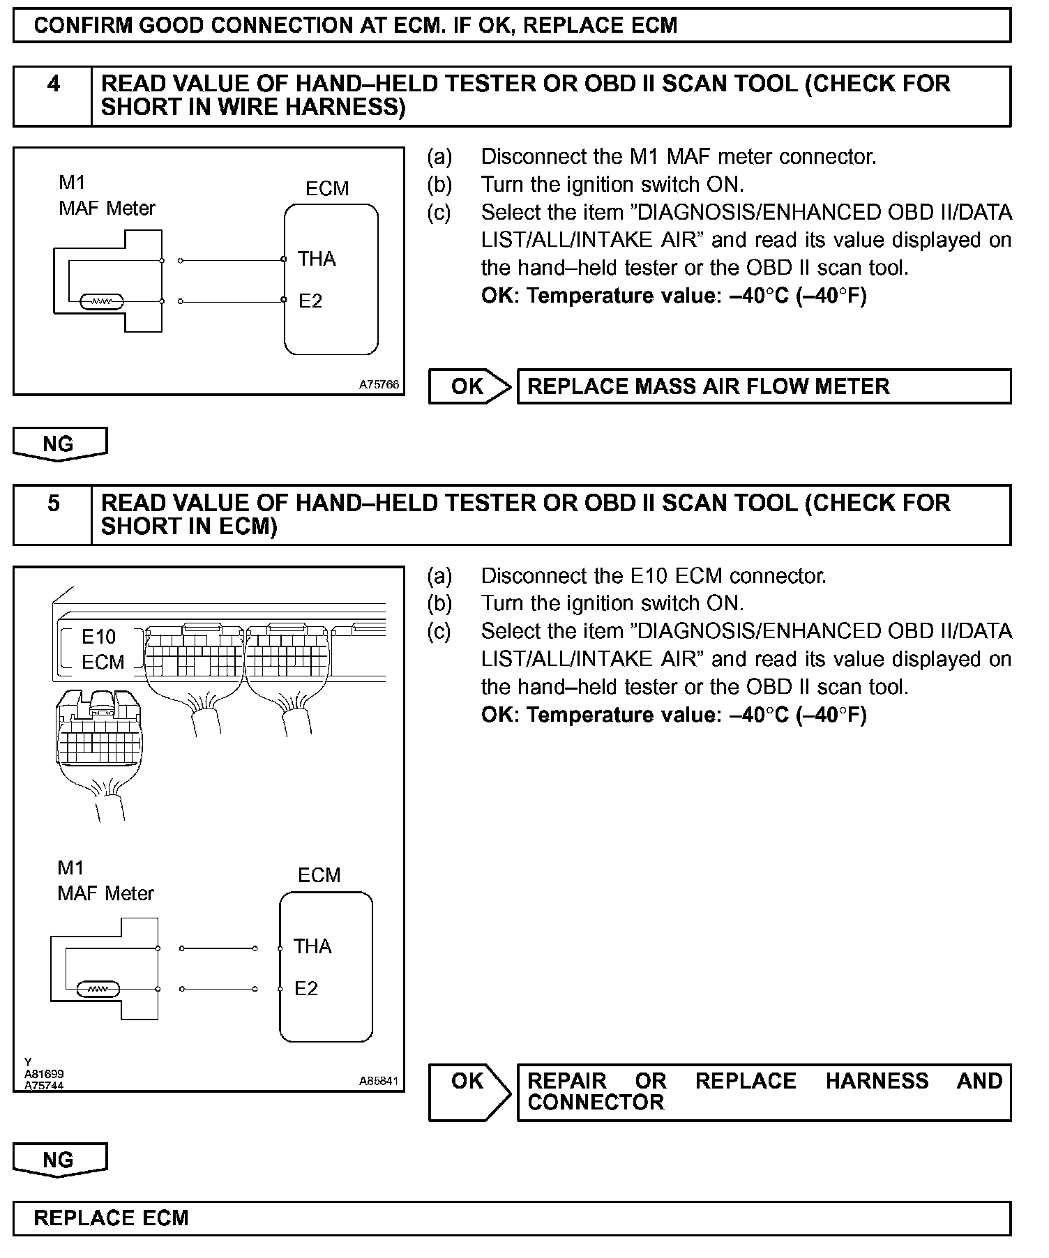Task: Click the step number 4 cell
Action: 53,96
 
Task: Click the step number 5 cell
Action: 53,515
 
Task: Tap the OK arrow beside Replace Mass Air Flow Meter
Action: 469,386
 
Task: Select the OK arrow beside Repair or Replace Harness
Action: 469,1091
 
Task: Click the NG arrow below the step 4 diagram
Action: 59,444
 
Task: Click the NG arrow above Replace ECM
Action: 59,1160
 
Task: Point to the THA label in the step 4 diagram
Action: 317,259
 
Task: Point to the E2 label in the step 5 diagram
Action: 306,988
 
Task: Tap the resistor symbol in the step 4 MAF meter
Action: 102,302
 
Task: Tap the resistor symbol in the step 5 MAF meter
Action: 98,989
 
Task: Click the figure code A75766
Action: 379,384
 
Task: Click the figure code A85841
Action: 379,1081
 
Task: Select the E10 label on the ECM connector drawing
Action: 98,637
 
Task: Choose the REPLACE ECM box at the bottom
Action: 512,1218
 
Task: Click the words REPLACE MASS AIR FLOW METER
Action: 708,386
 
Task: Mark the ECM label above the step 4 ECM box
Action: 327,188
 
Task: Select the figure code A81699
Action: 44,1075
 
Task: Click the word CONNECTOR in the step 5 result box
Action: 596,1102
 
